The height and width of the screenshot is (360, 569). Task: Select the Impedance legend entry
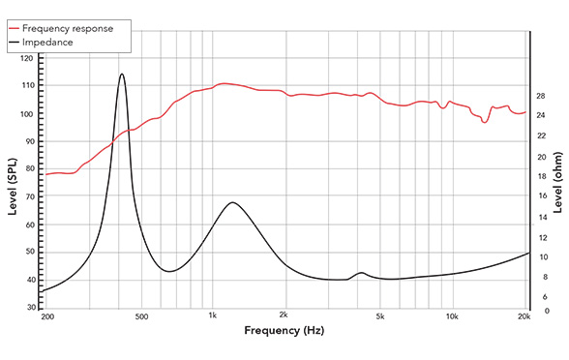click(x=62, y=43)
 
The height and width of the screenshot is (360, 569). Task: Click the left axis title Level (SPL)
click(x=13, y=183)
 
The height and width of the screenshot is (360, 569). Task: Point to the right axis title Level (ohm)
click(x=558, y=184)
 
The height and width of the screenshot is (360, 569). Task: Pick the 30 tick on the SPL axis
click(x=28, y=307)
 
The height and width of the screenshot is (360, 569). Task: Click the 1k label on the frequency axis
click(x=213, y=317)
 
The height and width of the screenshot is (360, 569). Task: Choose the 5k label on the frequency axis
click(x=380, y=317)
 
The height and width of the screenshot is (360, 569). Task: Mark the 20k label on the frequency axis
click(x=524, y=317)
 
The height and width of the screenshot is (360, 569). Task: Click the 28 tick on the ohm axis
click(x=541, y=96)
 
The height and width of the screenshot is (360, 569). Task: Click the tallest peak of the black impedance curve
click(x=122, y=74)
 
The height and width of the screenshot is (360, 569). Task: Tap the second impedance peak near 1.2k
click(x=232, y=202)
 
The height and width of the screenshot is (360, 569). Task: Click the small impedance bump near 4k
click(x=361, y=273)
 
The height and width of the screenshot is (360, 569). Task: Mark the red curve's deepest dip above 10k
click(x=485, y=122)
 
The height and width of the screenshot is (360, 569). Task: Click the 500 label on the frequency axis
click(x=141, y=317)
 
